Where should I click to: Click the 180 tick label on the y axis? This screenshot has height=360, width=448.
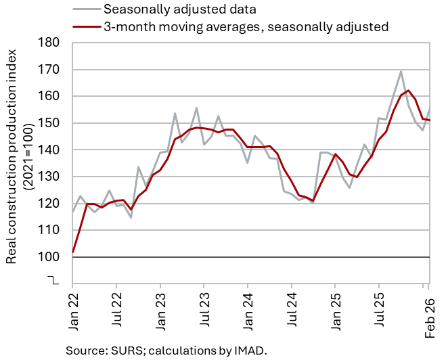(48, 43)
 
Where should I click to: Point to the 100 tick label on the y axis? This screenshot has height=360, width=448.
(48, 257)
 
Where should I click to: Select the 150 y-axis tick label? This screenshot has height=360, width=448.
(48, 123)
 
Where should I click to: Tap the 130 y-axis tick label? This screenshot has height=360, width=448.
(48, 177)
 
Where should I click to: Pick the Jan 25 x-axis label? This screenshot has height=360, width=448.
(336, 311)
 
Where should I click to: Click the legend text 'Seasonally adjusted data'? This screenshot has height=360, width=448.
(180, 9)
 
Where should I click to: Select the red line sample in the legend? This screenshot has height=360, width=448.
(87, 26)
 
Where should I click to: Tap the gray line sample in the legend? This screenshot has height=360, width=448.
(87, 9)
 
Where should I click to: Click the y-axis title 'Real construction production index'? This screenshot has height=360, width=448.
(12, 156)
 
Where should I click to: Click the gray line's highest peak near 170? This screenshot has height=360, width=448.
(401, 72)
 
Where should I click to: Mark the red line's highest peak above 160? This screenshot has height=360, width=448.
(408, 91)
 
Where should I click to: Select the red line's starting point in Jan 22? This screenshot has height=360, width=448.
(73, 252)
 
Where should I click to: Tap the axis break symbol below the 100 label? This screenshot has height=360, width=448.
(53, 280)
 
